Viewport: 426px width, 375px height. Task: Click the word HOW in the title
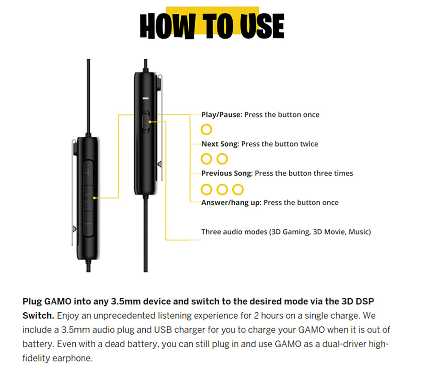point(168,26)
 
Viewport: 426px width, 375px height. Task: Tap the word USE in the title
point(262,26)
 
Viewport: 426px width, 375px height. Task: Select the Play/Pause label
point(222,115)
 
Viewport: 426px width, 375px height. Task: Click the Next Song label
point(220,144)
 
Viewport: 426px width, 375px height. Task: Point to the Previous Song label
point(227,173)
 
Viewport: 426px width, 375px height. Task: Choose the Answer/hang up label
point(231,203)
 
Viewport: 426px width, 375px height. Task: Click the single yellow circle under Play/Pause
point(206,129)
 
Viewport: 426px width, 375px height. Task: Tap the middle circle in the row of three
point(222,190)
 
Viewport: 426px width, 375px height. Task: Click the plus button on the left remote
point(88,172)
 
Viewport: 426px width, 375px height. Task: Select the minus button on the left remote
point(88,224)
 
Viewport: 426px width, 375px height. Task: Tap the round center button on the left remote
point(88,198)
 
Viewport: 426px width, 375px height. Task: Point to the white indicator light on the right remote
point(146,98)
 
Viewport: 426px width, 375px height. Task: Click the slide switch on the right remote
point(146,122)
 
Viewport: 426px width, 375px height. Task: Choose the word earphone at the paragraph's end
point(73,358)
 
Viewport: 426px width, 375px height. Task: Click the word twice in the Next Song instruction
point(309,144)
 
